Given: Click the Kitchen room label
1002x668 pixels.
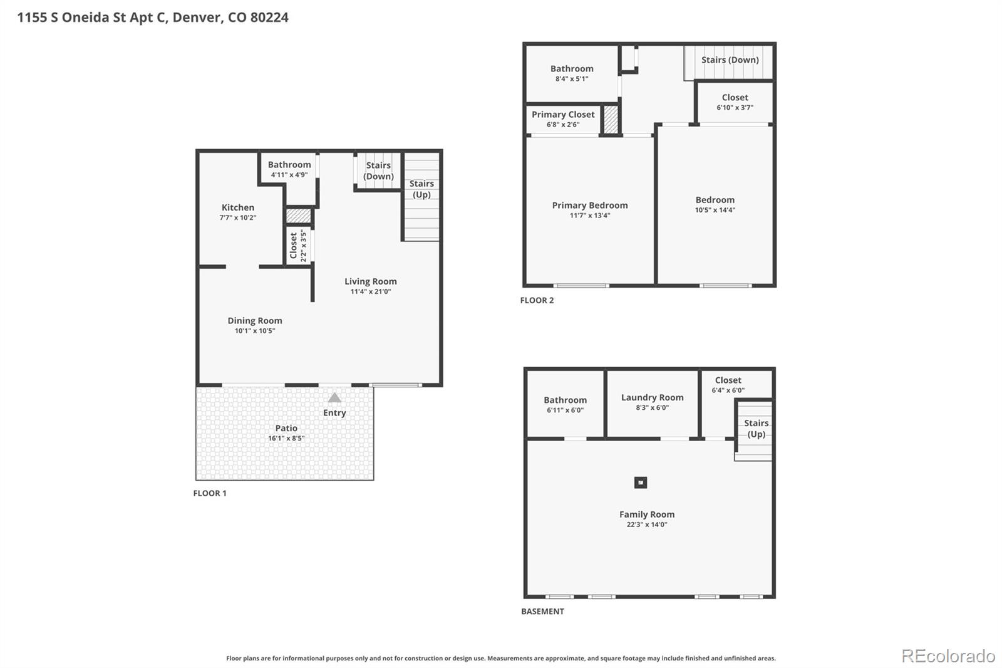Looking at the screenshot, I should tap(237, 207).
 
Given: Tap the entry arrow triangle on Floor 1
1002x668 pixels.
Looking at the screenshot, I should tap(334, 397).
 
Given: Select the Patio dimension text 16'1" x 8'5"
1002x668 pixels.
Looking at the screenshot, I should tap(286, 438).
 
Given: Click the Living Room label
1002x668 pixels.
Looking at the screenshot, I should tap(370, 281).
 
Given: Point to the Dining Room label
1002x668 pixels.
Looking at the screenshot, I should tap(254, 320).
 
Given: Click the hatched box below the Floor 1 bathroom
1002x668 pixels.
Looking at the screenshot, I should tap(298, 216).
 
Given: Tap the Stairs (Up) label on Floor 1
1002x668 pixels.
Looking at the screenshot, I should tap(421, 189).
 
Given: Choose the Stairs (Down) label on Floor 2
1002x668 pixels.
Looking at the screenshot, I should tap(730, 60).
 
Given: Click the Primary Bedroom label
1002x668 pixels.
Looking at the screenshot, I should tap(589, 205).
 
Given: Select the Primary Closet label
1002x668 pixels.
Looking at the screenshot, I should tap(563, 114).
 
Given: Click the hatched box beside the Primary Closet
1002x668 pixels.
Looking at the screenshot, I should tap(611, 120).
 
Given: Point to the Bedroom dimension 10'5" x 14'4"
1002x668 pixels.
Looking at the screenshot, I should tap(715, 210).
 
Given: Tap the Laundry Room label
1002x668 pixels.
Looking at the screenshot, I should tap(652, 397).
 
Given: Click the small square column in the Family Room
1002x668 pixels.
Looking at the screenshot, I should tap(640, 483).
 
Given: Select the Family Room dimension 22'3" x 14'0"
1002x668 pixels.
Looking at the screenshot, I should tap(646, 524).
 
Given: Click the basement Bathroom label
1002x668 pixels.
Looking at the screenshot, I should tap(565, 400).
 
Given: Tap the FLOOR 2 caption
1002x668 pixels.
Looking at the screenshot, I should tap(537, 300).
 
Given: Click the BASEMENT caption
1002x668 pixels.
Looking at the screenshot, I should tap(542, 611).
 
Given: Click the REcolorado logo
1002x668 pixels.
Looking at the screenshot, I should tap(948, 655).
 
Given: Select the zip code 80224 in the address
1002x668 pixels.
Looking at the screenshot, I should tap(269, 18).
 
